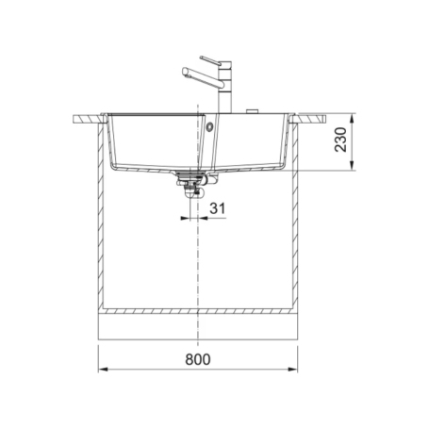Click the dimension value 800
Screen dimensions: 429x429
click(198, 358)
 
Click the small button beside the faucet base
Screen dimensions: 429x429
click(253, 111)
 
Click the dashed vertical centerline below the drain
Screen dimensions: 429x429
click(199, 273)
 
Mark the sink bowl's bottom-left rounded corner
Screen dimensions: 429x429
click(114, 166)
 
